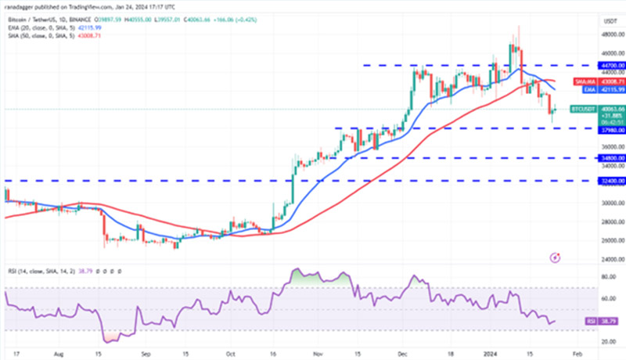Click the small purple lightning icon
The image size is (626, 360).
[x=555, y=256]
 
